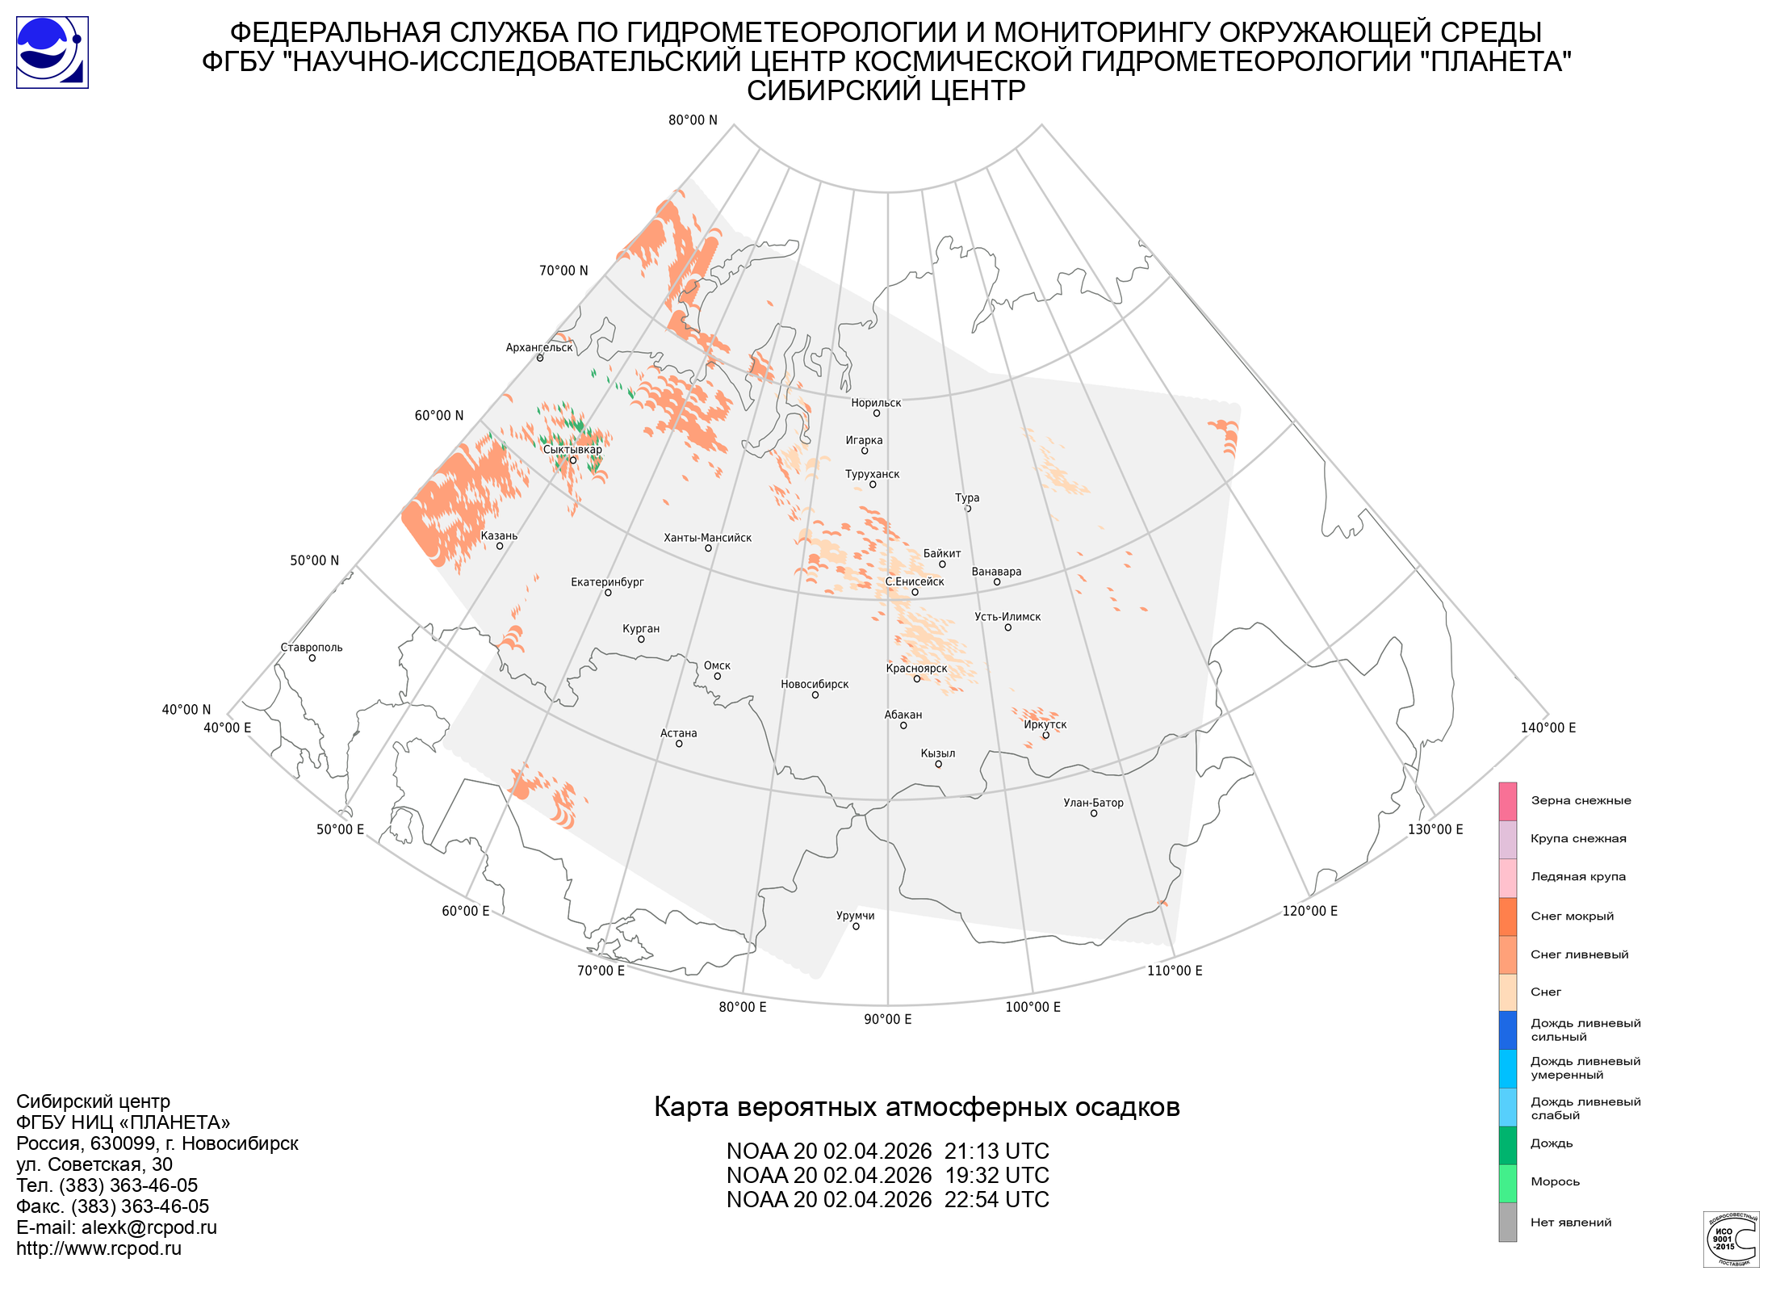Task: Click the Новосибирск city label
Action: point(815,684)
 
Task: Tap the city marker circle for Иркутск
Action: point(1045,735)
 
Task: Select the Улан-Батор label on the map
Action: point(1093,803)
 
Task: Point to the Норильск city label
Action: point(876,403)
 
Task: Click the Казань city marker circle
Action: point(500,547)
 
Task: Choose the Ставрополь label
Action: point(312,648)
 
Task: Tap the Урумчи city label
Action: point(855,916)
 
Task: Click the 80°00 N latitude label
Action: point(693,120)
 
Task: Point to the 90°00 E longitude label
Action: point(887,1019)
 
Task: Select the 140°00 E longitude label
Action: point(1548,728)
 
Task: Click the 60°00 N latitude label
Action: point(439,416)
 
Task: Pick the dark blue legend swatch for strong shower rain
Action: point(1507,1030)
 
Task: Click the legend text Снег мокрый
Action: point(1572,916)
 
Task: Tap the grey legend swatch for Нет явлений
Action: point(1507,1222)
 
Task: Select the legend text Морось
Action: point(1555,1181)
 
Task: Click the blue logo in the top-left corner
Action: point(52,52)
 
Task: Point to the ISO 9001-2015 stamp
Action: point(1731,1239)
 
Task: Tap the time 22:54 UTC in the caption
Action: point(997,1200)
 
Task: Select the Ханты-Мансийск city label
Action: point(707,538)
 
